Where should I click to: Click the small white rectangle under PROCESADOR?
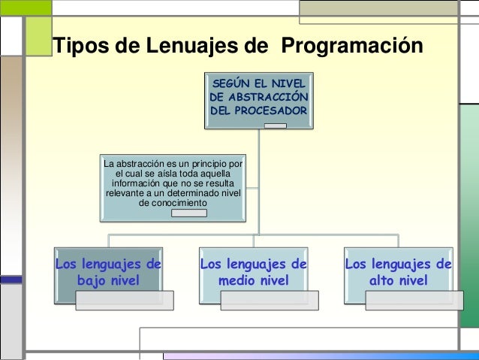point(276,125)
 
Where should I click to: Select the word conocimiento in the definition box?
point(174,203)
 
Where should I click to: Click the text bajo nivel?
point(108,281)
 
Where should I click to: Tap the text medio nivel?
point(254,281)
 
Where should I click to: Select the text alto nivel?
point(399,281)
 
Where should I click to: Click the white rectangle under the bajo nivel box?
point(124,301)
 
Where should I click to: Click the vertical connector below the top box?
point(259,180)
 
